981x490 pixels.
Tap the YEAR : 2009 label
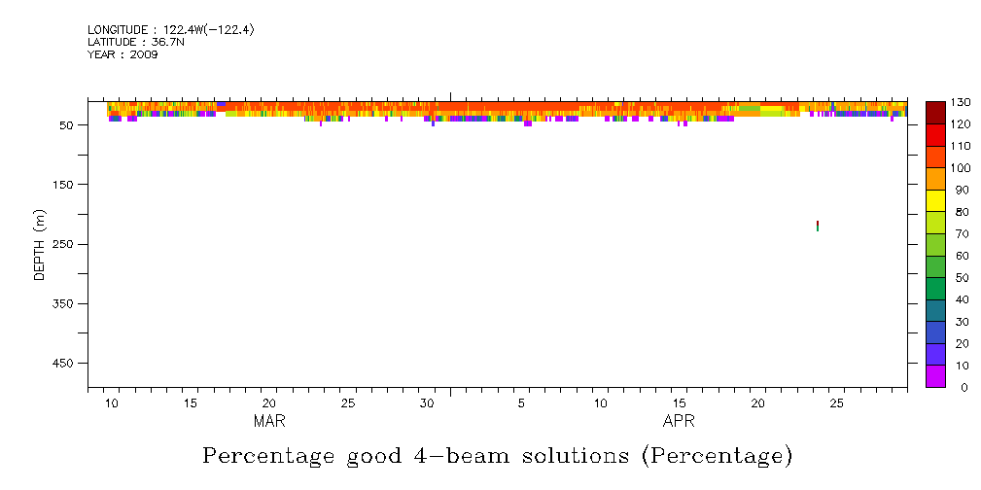click(x=123, y=54)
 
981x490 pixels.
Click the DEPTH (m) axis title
click(x=40, y=245)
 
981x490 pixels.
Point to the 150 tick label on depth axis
click(x=67, y=185)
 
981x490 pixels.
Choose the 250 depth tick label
click(x=67, y=244)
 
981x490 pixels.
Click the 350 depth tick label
click(x=67, y=304)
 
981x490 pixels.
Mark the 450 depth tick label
click(x=67, y=364)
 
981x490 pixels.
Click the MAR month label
click(x=269, y=421)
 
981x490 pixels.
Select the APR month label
click(x=679, y=421)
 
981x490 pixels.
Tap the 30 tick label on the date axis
click(x=427, y=403)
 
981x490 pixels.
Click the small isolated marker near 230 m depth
click(x=817, y=226)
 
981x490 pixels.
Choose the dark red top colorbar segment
click(x=936, y=113)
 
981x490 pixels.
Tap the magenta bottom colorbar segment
click(x=936, y=376)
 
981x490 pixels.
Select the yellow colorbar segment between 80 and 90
click(x=936, y=200)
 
